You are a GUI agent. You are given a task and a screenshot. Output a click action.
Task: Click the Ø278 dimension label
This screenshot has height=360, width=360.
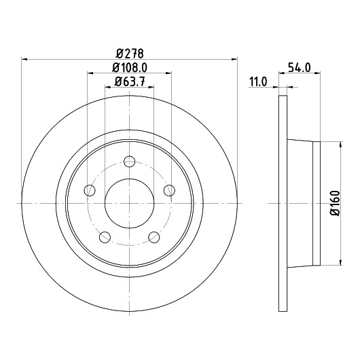[x=130, y=54]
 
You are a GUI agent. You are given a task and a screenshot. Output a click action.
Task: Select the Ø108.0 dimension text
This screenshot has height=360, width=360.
[x=130, y=67]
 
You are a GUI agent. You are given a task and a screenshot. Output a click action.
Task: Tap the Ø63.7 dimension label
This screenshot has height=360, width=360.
[x=130, y=82]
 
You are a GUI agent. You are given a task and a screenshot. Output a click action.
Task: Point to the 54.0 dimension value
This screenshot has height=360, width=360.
[x=299, y=68]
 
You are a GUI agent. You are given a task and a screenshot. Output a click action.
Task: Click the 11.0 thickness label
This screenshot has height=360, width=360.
[x=258, y=82]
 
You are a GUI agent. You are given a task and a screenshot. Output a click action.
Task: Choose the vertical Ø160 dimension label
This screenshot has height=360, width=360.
[x=335, y=203]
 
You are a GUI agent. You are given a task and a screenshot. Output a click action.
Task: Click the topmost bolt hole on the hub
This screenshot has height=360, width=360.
[x=129, y=162]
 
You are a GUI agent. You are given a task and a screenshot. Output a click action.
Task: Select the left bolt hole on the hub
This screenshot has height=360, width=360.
[x=90, y=190]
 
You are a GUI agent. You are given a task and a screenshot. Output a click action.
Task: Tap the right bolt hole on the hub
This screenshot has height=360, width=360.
[x=169, y=190]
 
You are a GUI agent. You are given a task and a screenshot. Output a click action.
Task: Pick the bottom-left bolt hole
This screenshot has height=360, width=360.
[x=105, y=237]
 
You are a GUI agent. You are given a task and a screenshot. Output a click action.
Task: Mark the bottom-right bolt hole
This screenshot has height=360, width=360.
[x=154, y=237]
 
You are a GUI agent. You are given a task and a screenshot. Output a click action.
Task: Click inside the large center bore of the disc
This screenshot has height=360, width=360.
[x=129, y=203]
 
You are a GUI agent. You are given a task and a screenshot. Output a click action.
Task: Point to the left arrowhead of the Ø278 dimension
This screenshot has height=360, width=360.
[x=24, y=60]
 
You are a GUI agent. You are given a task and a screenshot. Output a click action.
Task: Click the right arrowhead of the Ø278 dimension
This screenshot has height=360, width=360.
[x=234, y=60]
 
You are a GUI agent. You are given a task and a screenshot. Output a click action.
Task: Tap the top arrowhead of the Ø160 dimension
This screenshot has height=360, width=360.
[x=341, y=145]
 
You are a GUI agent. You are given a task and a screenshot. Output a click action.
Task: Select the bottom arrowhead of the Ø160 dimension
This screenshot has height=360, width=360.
[x=341, y=263]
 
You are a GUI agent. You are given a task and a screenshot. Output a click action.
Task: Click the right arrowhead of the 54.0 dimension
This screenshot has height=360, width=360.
[x=317, y=73]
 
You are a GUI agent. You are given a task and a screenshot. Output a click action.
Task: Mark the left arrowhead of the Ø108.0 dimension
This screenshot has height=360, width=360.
[x=90, y=73]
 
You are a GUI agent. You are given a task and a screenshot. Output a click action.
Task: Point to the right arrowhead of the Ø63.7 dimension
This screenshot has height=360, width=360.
[x=151, y=87]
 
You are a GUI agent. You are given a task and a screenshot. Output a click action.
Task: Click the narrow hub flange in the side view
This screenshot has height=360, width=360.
[x=317, y=203]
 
